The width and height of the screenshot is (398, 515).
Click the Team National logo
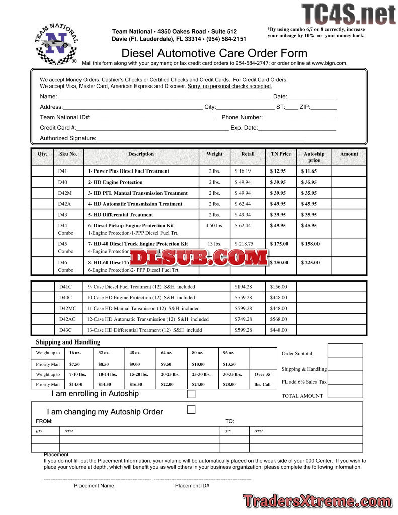point(56,44)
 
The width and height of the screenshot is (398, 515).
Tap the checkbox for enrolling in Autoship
point(191,394)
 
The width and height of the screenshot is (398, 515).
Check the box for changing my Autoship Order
point(191,410)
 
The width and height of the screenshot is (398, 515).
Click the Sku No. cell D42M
point(65,193)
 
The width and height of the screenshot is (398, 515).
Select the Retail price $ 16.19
point(243,171)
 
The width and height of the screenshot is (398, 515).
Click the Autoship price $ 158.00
point(310,244)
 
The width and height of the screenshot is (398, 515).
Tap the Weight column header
point(214,154)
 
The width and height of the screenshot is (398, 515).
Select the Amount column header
point(349,154)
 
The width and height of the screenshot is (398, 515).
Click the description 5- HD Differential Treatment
point(120,215)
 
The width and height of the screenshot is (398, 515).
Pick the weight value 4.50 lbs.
point(214,226)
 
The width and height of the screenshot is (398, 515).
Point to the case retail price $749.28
point(243,319)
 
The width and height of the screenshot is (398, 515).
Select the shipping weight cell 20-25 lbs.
point(170,374)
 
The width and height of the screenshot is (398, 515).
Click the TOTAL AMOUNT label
point(302,396)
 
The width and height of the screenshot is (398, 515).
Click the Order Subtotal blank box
point(345,350)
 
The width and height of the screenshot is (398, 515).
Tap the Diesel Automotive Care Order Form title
point(214,53)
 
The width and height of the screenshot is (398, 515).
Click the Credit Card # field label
point(58,128)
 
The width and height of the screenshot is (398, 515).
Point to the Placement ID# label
point(192,486)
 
